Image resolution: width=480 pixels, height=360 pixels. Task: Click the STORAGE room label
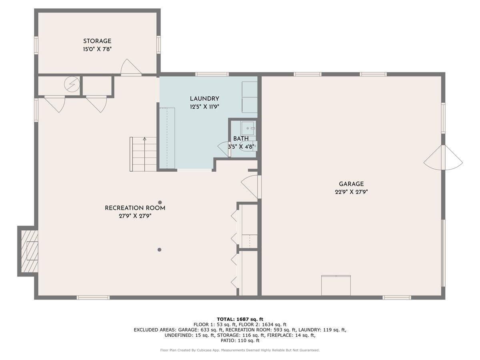pos(97,41)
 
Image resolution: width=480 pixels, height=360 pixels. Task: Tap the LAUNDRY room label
pos(204,99)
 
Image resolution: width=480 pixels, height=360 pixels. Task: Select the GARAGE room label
pos(351,184)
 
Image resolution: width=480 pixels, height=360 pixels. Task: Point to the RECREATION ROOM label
pos(135,208)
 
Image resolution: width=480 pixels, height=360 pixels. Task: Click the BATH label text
pos(241,139)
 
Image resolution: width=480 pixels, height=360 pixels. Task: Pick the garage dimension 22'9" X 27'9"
pos(351,192)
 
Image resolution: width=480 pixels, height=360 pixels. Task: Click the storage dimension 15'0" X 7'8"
pos(97,49)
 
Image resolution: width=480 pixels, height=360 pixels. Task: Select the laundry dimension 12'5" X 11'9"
pos(204,107)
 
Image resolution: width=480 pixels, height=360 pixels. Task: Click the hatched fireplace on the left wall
pos(29,251)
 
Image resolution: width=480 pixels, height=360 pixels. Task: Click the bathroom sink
pos(248,128)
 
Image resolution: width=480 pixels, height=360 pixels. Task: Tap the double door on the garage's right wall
pos(443,158)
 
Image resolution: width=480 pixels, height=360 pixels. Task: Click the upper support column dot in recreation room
pos(160,202)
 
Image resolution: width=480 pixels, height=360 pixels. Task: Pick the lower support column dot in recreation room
pos(159,250)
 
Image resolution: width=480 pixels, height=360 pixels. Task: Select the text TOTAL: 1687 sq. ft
pos(240,319)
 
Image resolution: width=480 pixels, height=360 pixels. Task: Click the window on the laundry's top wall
pos(212,74)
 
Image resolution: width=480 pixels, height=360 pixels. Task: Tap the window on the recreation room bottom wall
pos(93,297)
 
